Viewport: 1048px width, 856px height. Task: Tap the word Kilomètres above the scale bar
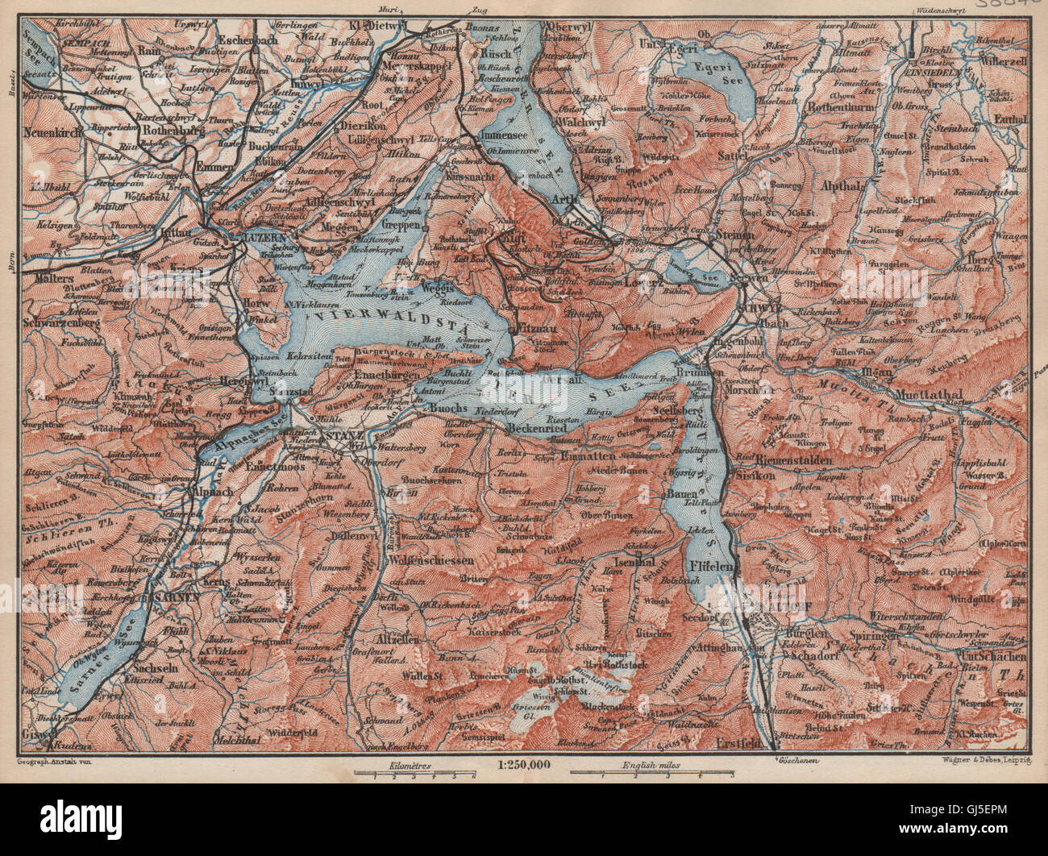pyautogui.click(x=407, y=762)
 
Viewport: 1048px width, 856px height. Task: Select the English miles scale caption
pyautogui.click(x=651, y=763)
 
